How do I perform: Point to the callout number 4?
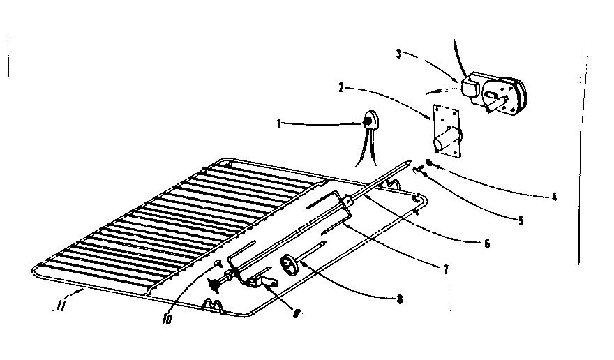(x=553, y=197)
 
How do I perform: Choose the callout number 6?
(x=486, y=243)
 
